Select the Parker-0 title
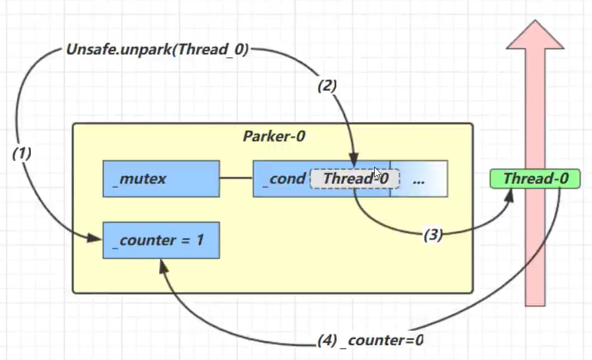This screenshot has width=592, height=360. pos(273,137)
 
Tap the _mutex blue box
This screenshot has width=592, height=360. pos(161,179)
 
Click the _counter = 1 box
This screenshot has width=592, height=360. pos(161,240)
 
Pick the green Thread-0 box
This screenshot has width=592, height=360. pos(534,179)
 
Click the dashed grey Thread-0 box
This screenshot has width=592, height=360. pos(355,179)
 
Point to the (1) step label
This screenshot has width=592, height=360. pos(22,154)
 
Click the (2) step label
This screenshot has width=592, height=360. pos(327,86)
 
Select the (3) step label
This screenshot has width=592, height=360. pos(433,235)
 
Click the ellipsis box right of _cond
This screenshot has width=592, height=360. pos(418,179)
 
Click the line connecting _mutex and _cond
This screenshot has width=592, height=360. pos(236,179)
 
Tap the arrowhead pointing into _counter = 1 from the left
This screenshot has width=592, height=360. pos(95,238)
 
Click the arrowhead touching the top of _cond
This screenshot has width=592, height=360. pos(355,157)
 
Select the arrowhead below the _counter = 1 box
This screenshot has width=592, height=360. pos(162,265)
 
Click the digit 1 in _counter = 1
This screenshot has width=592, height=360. pos(199,240)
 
